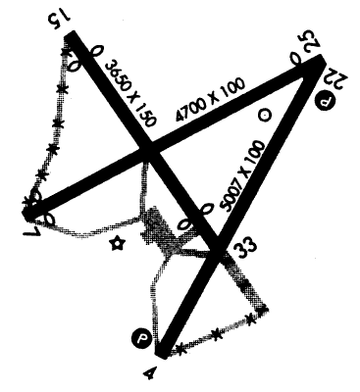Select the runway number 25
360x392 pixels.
point(311,42)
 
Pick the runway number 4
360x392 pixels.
point(149,370)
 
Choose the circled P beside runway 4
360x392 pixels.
point(142,339)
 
